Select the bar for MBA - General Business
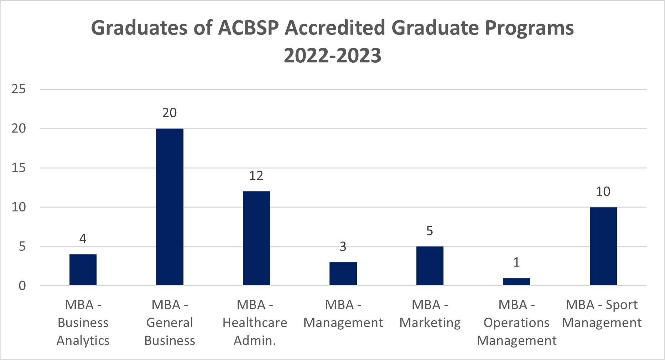[x=170, y=207]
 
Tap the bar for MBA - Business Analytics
[x=83, y=270]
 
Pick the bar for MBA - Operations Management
[x=516, y=282]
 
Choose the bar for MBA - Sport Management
[x=603, y=246]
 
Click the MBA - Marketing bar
[x=430, y=266]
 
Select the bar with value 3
[x=343, y=273]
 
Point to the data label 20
[x=170, y=113]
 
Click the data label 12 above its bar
[x=256, y=176]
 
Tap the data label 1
[x=516, y=262]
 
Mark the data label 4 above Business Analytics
[x=83, y=239]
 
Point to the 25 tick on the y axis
[x=19, y=89]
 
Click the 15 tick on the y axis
[x=19, y=168]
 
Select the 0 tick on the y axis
[x=22, y=286]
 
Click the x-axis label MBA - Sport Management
[x=602, y=314]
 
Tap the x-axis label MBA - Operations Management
[x=516, y=323]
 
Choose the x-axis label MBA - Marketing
[x=430, y=314]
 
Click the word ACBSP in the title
[x=248, y=28]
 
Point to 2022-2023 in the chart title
[x=332, y=56]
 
